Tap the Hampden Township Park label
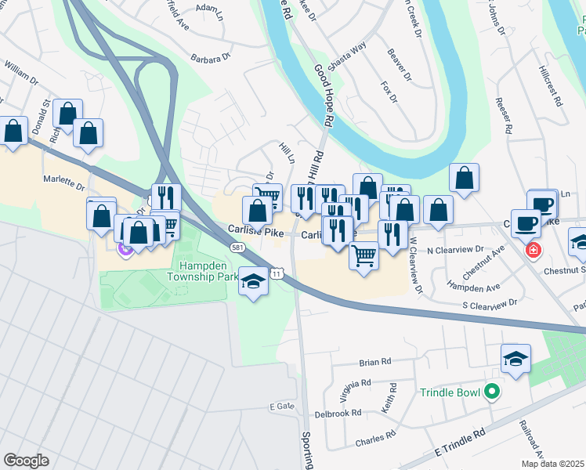[x=203, y=271]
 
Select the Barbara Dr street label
[x=212, y=58]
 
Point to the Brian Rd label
[x=374, y=362]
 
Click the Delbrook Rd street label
[x=338, y=413]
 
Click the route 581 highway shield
[x=236, y=248]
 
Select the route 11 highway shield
[x=277, y=273]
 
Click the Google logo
[x=26, y=461]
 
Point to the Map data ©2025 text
[x=553, y=464]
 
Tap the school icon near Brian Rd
[x=515, y=359]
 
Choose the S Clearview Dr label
[x=490, y=302]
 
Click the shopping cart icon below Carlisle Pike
[x=364, y=255]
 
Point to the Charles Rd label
[x=372, y=442]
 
